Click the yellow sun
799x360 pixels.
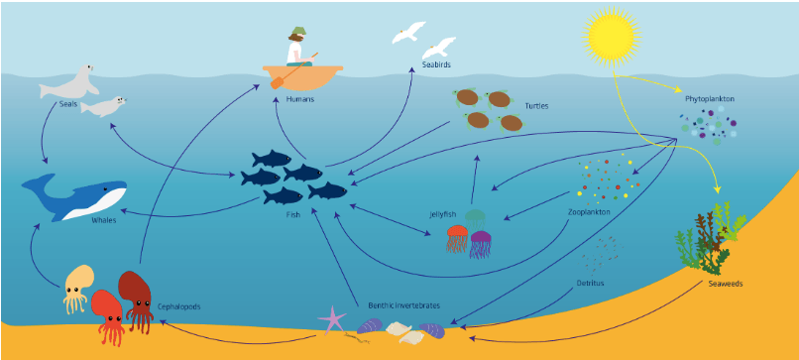(x=612, y=37)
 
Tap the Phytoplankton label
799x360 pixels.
(x=710, y=99)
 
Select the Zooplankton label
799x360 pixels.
(x=589, y=211)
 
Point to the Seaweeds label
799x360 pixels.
(x=725, y=284)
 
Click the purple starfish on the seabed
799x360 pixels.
(x=332, y=319)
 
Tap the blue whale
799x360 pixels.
(x=74, y=197)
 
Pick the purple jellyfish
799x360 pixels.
(x=481, y=244)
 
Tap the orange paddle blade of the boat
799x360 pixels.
(x=278, y=82)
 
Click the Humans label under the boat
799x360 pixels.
(x=299, y=99)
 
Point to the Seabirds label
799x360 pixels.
(x=436, y=64)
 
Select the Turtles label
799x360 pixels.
(x=536, y=106)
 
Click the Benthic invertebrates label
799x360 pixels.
(x=403, y=305)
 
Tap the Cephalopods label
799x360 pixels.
(x=178, y=307)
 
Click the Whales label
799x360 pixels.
(x=104, y=220)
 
